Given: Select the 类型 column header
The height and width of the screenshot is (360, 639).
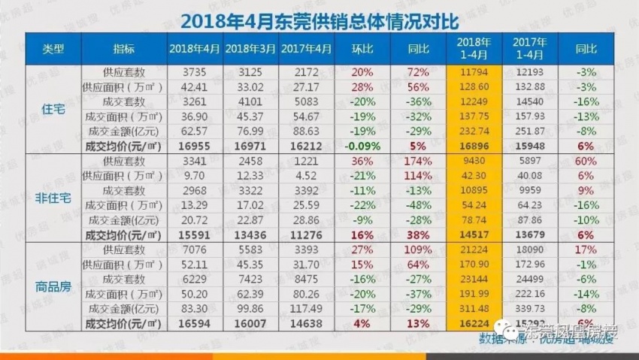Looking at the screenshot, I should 53,49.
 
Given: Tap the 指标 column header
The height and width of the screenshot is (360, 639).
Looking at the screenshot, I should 124,49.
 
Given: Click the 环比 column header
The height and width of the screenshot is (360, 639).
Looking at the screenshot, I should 364,49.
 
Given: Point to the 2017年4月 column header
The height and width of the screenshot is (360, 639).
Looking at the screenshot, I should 306,49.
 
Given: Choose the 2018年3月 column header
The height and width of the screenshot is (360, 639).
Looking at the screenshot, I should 250,49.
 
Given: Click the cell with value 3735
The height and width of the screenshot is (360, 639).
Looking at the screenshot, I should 195,72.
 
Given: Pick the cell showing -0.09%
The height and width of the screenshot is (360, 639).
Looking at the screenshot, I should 364,146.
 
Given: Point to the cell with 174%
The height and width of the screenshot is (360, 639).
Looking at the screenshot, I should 418,162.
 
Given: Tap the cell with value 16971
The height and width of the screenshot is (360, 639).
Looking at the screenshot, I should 250,146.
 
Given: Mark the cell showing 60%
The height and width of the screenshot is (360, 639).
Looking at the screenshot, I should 586,162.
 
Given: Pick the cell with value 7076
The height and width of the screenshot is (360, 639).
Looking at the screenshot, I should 195,250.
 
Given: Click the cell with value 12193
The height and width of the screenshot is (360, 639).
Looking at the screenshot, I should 530,72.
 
